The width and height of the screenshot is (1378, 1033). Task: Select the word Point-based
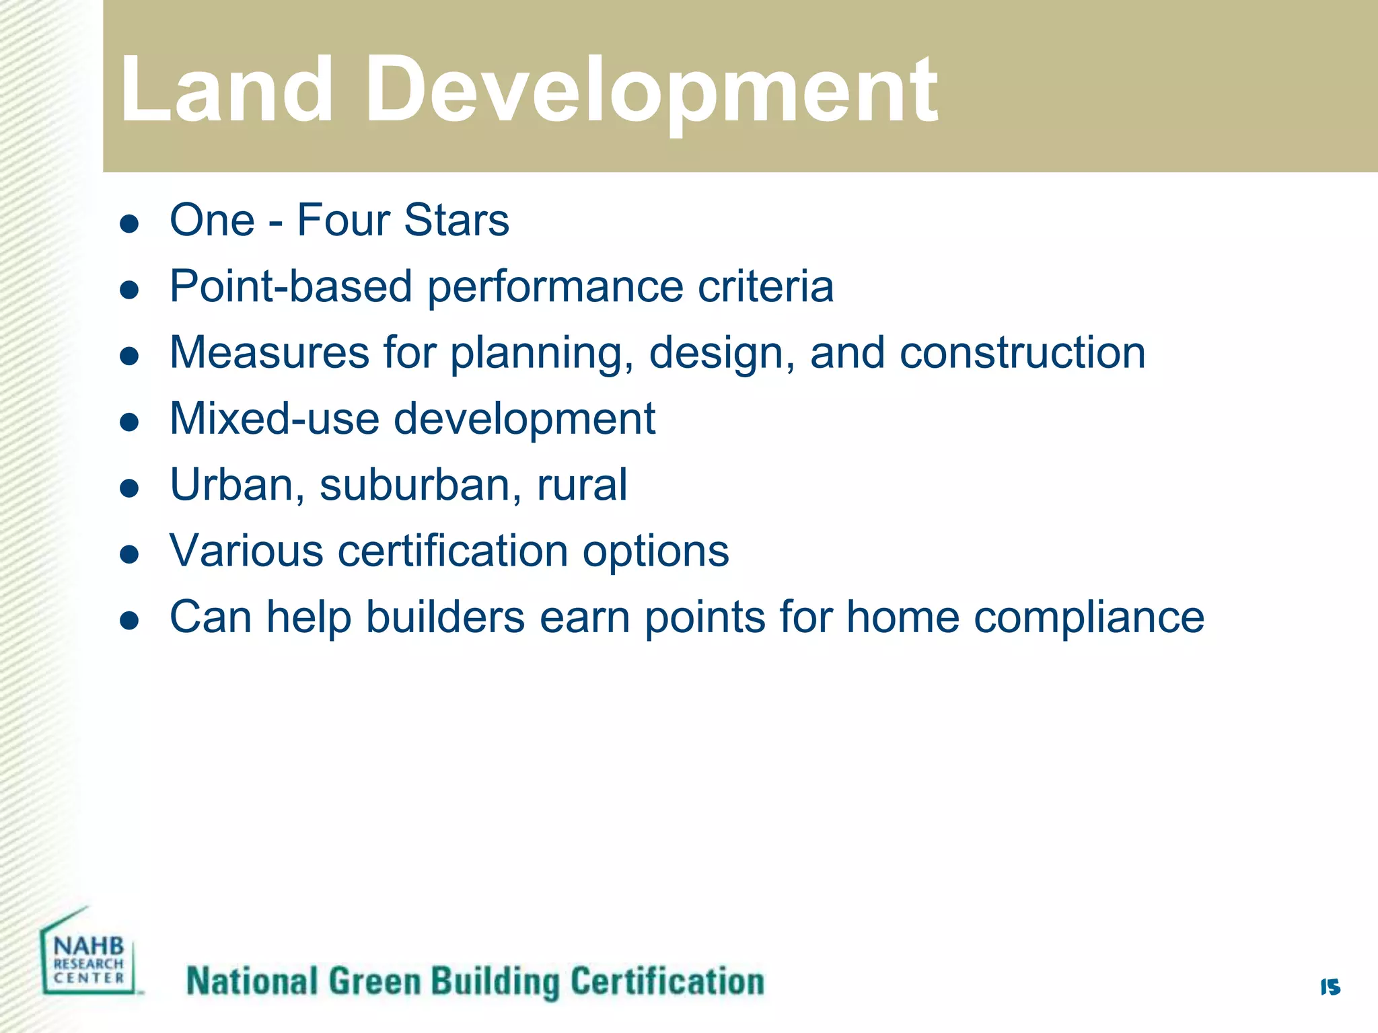click(291, 286)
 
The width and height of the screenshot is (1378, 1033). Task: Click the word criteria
click(766, 286)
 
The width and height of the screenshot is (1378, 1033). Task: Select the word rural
click(582, 484)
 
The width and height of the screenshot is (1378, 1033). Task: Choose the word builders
click(445, 617)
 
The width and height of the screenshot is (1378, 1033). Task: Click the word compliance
click(1089, 618)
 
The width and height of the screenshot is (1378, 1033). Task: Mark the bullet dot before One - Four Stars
click(129, 224)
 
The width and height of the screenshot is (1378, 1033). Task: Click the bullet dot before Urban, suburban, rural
click(129, 488)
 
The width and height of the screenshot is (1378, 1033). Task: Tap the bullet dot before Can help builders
click(129, 621)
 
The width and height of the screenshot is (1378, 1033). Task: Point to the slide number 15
click(1330, 987)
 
